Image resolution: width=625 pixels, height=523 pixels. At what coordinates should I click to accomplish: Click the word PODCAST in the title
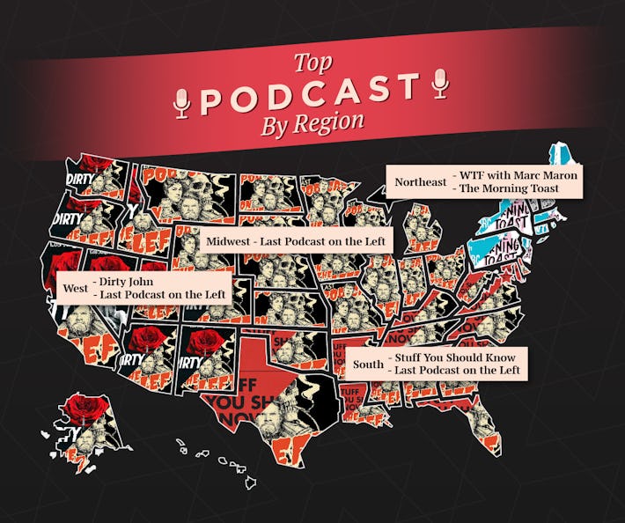coord(310,94)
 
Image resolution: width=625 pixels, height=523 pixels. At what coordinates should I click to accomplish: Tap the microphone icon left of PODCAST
coord(182,102)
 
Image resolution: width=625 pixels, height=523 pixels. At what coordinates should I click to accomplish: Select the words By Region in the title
coord(312,123)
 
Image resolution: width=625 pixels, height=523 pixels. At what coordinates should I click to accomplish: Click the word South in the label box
coord(368,364)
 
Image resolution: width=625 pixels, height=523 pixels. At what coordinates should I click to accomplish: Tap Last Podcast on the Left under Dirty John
coord(163,295)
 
